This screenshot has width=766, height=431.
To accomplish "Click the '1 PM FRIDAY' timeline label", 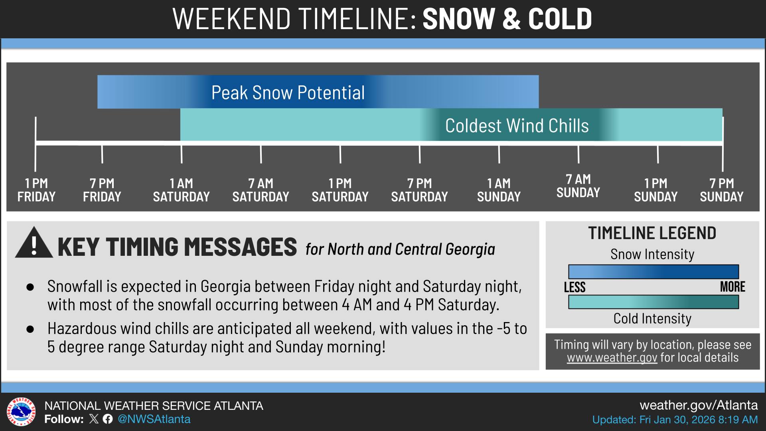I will (x=36, y=190).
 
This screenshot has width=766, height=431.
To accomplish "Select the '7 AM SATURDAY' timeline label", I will (x=261, y=190).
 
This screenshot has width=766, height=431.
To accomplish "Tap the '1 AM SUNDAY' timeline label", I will (x=499, y=190).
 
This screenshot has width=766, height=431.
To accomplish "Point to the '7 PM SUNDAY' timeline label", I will (x=721, y=190).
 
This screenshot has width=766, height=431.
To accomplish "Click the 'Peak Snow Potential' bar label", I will (x=288, y=93).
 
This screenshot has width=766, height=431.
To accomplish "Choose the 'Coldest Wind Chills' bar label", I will (x=517, y=126).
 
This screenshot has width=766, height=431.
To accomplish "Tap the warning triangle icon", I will (x=34, y=243).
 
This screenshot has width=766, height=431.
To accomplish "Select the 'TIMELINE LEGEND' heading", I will (x=652, y=233).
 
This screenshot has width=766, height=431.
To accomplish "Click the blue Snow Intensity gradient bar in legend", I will (x=653, y=272).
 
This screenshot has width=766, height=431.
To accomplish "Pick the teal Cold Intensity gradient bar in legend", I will (x=653, y=302).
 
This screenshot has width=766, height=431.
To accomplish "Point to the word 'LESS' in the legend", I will (x=574, y=287).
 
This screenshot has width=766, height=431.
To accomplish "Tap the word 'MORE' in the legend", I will (x=732, y=287).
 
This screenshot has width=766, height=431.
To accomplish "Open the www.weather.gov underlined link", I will (x=612, y=358).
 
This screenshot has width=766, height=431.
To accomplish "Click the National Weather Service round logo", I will (x=21, y=412).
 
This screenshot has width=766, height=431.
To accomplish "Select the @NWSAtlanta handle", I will (x=154, y=419).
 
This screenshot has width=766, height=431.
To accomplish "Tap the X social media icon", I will (x=94, y=419).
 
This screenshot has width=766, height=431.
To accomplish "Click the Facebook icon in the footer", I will (x=107, y=419).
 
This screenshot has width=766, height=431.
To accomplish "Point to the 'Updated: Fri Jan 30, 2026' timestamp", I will (x=675, y=420).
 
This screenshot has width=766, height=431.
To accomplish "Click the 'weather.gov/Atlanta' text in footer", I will (x=698, y=405).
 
